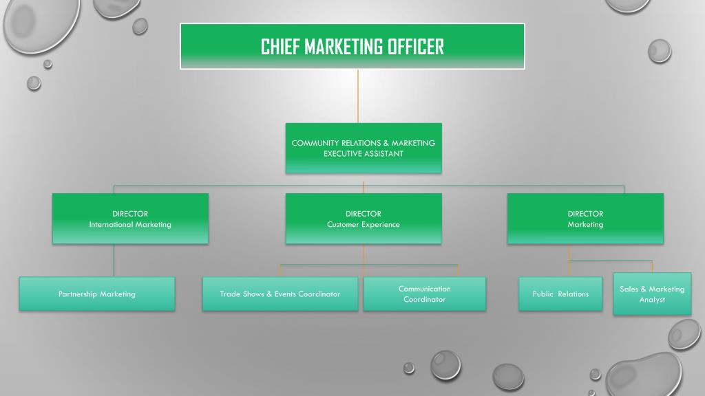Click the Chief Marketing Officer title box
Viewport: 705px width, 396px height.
coord(352,46)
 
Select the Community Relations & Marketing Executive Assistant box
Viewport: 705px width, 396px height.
coord(363,148)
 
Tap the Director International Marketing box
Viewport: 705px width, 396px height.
coord(130,219)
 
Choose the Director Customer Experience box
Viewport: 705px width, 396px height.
coord(363,219)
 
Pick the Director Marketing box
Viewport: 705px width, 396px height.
coord(585,219)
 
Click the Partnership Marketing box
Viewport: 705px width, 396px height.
coord(97,294)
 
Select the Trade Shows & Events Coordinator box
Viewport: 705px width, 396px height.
coord(280,294)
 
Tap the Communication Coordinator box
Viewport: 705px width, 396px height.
coord(424,294)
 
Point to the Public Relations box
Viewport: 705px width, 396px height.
coord(560,294)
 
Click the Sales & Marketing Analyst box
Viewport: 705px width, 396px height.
coord(651,294)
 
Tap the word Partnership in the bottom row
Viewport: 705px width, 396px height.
coord(78,294)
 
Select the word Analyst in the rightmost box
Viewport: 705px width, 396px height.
coord(651,300)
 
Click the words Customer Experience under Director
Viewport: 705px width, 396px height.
coord(363,225)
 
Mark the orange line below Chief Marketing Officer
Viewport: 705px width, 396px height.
coord(358,96)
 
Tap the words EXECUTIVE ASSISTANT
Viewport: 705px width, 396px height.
coord(363,154)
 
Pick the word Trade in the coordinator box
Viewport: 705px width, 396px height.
coord(230,294)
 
